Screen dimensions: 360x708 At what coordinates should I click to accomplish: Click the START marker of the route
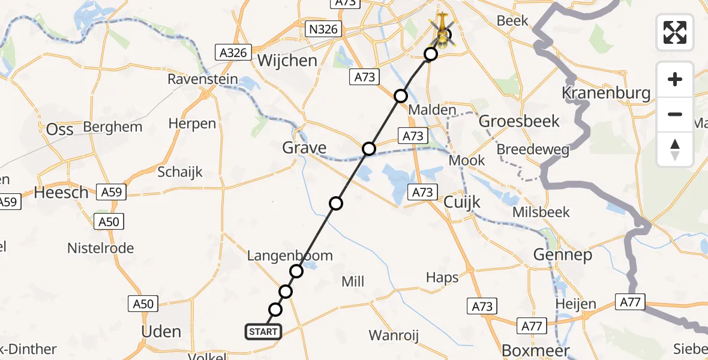pyautogui.click(x=263, y=332)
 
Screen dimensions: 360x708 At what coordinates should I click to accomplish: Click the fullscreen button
pyautogui.click(x=675, y=32)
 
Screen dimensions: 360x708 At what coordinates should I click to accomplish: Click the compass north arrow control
pyautogui.click(x=675, y=149)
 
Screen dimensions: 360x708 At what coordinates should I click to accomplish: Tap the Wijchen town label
pyautogui.click(x=287, y=61)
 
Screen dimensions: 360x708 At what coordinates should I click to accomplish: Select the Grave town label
pyautogui.click(x=305, y=148)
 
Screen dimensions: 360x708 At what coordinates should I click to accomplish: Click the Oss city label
pyautogui.click(x=60, y=129)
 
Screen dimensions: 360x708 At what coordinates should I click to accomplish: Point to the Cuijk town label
pyautogui.click(x=462, y=202)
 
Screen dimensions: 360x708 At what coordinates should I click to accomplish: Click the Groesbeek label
pyautogui.click(x=520, y=121)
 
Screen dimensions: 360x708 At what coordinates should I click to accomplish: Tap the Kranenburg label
pyautogui.click(x=606, y=93)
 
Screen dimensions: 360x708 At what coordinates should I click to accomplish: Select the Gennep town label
pyautogui.click(x=563, y=255)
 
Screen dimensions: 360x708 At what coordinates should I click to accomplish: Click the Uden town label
pyautogui.click(x=160, y=331)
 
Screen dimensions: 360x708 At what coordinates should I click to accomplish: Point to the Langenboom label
pyautogui.click(x=290, y=256)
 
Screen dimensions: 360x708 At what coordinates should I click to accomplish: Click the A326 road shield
pyautogui.click(x=233, y=53)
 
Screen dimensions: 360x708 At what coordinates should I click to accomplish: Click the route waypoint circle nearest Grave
pyautogui.click(x=369, y=149)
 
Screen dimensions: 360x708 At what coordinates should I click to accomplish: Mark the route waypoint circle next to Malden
pyautogui.click(x=401, y=96)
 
